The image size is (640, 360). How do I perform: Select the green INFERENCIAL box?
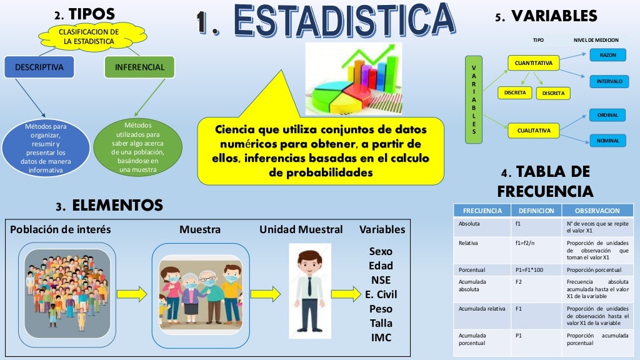pyautogui.click(x=139, y=67)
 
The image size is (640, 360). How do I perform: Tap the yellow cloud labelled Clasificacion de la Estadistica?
pyautogui.click(x=88, y=36)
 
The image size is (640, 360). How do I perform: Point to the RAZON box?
pyautogui.click(x=607, y=55)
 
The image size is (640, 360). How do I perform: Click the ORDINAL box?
pyautogui.click(x=607, y=115)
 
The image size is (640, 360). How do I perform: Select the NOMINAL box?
pyautogui.click(x=607, y=141)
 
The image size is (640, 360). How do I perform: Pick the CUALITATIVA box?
pyautogui.click(x=533, y=131)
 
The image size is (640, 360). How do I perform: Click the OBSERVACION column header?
pyautogui.click(x=597, y=211)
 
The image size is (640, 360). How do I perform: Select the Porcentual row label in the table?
pyautogui.click(x=472, y=270)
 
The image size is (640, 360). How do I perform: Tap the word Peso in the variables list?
pyautogui.click(x=381, y=309)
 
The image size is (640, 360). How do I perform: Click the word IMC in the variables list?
pyautogui.click(x=381, y=337)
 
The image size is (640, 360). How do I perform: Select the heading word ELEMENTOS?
pyautogui.click(x=117, y=205)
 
